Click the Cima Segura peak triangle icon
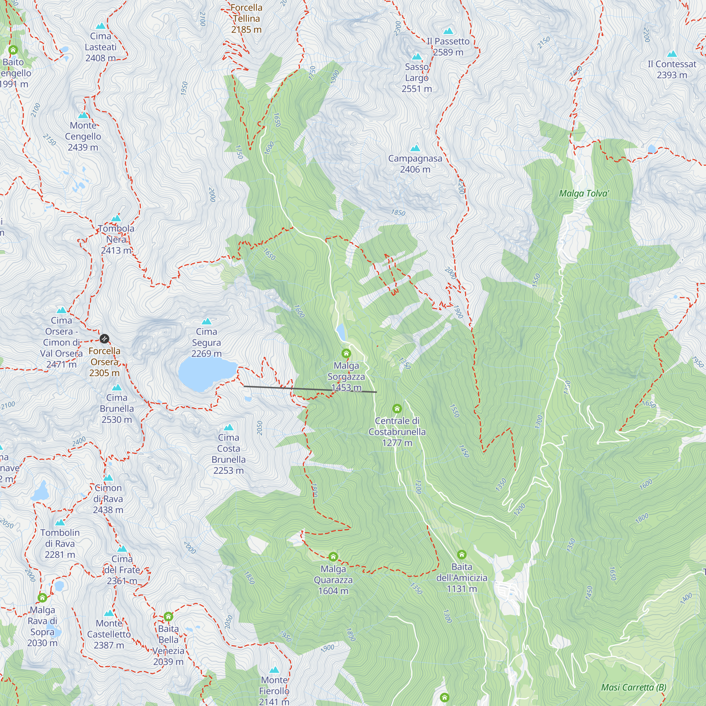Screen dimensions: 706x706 point(207,322)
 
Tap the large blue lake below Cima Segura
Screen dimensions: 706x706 point(205,373)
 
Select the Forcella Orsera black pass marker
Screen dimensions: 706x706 point(104,339)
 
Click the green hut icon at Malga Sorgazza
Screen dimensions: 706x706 point(346,353)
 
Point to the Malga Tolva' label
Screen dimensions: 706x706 point(584,193)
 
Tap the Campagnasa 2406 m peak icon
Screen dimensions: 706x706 point(415,148)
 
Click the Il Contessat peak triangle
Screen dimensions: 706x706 point(672,54)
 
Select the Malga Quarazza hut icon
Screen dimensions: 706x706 point(333,557)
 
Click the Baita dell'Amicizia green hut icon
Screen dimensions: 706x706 point(461,555)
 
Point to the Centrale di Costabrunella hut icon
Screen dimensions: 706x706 point(397,408)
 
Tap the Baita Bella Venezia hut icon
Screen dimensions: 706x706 point(168,616)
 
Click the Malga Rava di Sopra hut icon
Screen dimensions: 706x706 point(42,598)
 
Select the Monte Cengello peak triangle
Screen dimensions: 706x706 point(83,115)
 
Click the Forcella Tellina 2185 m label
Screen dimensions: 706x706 point(246,18)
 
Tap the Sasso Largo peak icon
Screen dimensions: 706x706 point(417,57)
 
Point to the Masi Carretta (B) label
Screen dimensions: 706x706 point(634,687)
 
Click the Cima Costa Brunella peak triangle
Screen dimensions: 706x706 point(228,427)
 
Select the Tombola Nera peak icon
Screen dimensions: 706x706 point(116,219)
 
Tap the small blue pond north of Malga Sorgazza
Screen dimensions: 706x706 point(341,332)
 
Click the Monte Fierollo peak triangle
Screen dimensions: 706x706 point(274,670)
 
